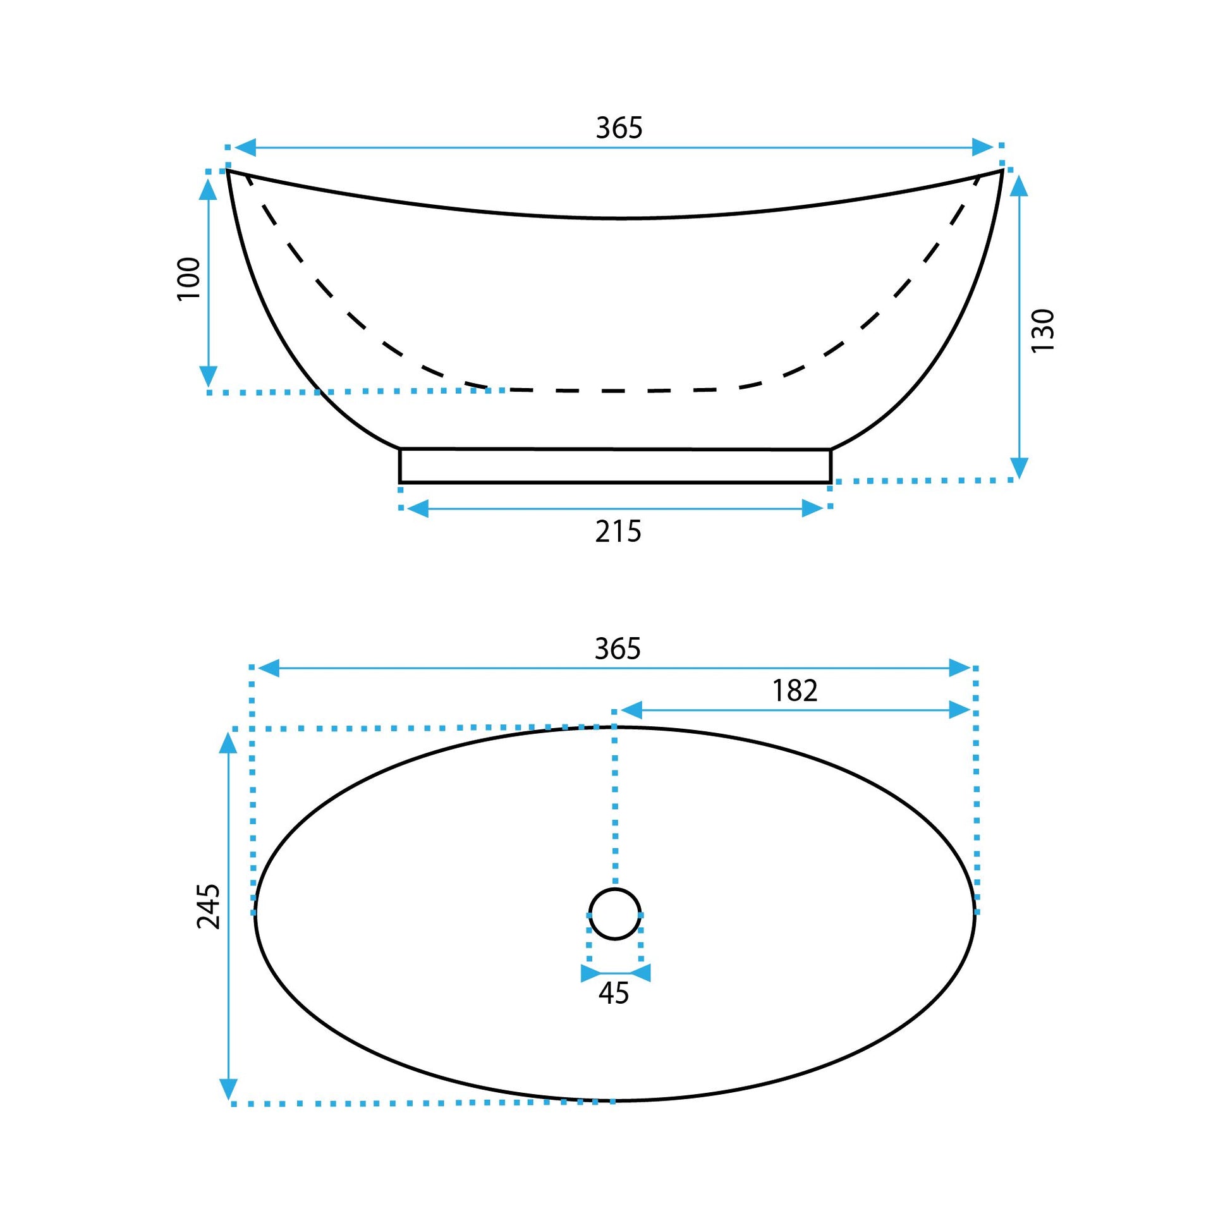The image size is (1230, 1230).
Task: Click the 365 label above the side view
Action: (x=619, y=128)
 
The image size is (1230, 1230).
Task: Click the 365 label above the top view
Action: (x=618, y=648)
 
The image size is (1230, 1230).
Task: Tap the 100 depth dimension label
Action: (x=189, y=279)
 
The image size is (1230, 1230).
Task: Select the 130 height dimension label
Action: (x=1043, y=331)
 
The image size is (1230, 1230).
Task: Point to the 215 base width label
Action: (x=618, y=532)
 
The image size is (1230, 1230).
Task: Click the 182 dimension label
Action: (x=795, y=691)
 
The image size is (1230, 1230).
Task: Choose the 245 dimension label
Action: (x=208, y=906)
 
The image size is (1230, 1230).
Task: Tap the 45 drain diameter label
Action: (x=614, y=992)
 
